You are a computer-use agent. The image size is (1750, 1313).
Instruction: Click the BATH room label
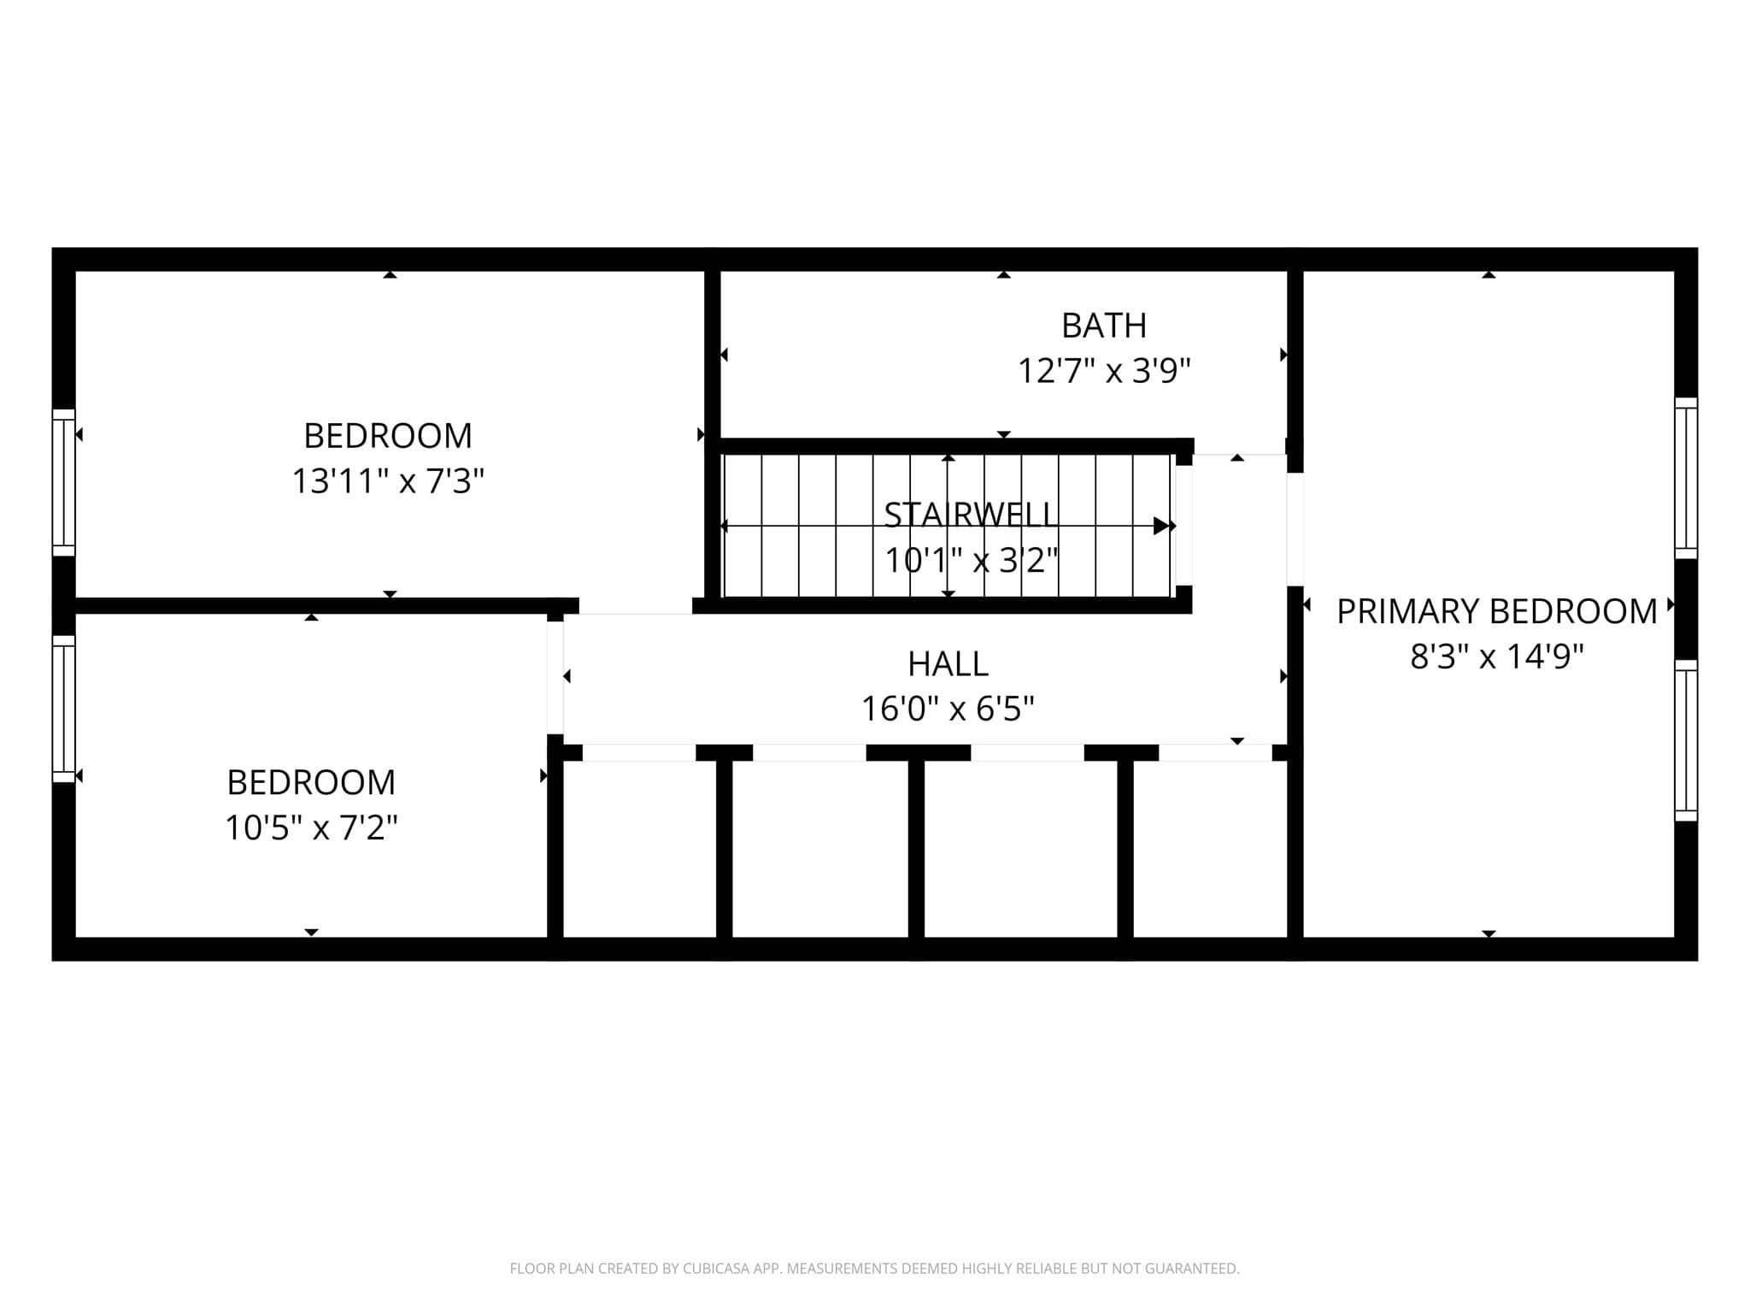(x=1103, y=326)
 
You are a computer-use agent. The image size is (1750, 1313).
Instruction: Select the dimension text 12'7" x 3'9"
(x=1103, y=371)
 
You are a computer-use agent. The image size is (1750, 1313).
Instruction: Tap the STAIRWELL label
(x=971, y=515)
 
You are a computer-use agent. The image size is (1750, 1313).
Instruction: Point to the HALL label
(x=948, y=663)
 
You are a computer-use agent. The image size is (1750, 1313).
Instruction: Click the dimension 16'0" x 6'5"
(x=948, y=709)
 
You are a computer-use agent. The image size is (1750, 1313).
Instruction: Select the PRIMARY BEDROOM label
(x=1496, y=611)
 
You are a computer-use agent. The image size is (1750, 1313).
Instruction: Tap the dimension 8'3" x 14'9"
(x=1496, y=656)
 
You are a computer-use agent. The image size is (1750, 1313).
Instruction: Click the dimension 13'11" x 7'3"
(x=388, y=481)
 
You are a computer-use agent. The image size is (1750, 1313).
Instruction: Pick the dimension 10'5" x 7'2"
(x=311, y=827)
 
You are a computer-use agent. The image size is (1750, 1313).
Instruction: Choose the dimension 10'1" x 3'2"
(x=971, y=561)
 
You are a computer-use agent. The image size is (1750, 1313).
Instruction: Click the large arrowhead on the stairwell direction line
(x=1162, y=526)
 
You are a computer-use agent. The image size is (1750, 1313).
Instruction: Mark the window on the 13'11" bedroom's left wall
(x=64, y=482)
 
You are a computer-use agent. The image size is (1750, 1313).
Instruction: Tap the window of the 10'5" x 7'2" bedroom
(x=64, y=709)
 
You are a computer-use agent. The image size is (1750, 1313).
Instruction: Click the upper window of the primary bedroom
(x=1686, y=478)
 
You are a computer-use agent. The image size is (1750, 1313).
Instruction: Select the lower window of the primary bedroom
(x=1686, y=740)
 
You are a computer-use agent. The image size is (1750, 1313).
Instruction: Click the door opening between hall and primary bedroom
(x=1295, y=529)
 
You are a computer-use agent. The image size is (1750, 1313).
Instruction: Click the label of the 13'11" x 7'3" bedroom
(x=388, y=436)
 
